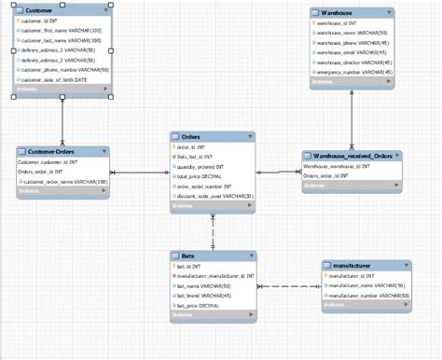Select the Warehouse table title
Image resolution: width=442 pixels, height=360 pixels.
338,13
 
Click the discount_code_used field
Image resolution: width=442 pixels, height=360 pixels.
214,195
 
